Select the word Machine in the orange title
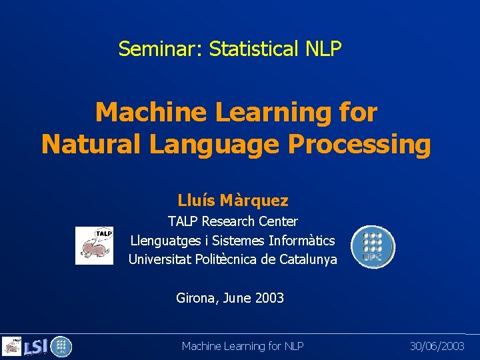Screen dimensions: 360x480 pos(151,112)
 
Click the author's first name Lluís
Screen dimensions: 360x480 pos(195,200)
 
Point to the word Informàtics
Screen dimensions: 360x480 pos(302,240)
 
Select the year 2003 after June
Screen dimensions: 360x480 pos(269,298)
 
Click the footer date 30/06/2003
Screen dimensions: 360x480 pos(437,345)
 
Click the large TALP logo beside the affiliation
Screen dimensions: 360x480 pos(94,245)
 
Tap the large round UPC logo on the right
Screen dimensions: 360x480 pos(373,247)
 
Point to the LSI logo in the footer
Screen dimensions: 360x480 pos(35,347)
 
